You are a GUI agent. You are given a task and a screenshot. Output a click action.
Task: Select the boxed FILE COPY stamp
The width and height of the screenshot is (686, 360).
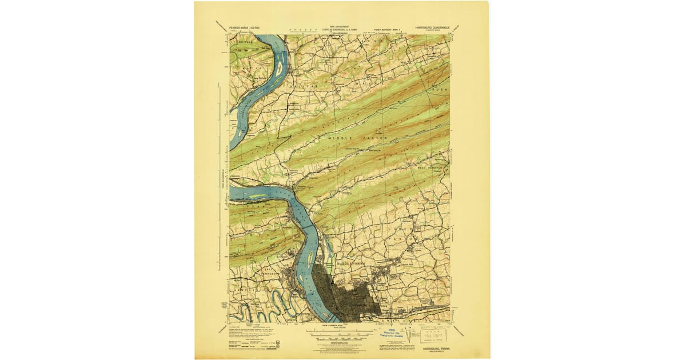(x=431, y=335)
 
